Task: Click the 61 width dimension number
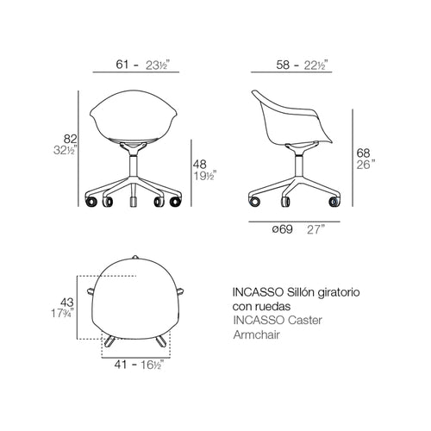122,65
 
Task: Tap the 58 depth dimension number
283,65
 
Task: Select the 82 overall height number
71,139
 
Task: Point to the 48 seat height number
200,164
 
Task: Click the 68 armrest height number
363,153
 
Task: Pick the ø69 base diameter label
283,229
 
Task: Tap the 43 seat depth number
67,303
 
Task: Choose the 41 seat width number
121,365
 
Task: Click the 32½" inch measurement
66,150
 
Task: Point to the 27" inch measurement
316,229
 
